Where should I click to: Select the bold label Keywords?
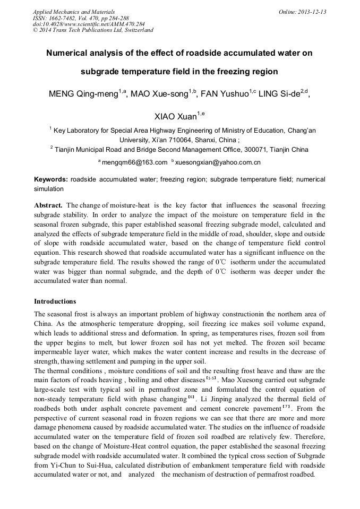click(51, 179)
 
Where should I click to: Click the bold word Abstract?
click(48, 205)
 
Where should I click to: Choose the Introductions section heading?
click(55, 301)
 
